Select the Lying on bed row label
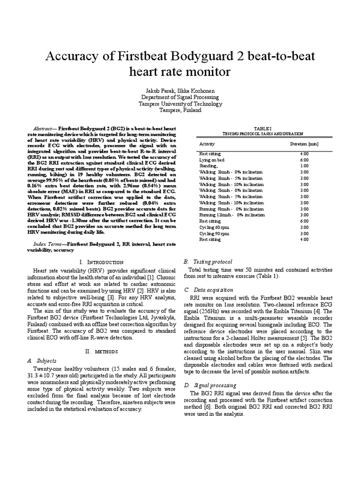(212, 160)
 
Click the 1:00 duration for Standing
(304, 166)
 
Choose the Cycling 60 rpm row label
(214, 227)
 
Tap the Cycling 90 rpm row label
(214, 233)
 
